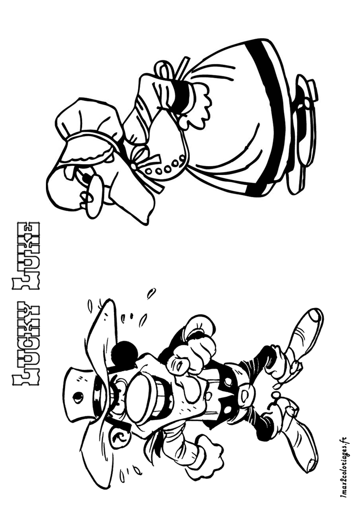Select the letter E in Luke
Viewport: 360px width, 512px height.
(27, 230)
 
